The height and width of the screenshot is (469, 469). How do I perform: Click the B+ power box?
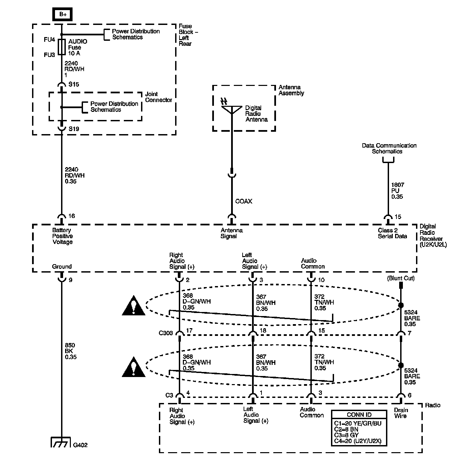coord(62,14)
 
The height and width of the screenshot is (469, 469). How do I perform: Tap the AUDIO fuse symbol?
coord(62,47)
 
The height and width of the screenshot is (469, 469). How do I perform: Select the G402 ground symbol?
coord(61,442)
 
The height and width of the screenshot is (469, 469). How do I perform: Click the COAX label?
coord(244,201)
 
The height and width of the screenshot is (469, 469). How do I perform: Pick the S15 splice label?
coord(74,85)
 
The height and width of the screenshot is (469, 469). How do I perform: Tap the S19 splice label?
coord(74,129)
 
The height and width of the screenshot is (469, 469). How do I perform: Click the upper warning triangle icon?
coord(134,306)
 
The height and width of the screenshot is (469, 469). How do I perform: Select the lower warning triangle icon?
coord(134,367)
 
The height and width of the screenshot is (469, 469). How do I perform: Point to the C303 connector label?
coord(166,333)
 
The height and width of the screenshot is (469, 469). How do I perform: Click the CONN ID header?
coord(359,415)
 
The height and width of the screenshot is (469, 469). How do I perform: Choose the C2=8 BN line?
coord(346,429)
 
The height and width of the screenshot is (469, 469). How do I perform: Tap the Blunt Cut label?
coord(401,278)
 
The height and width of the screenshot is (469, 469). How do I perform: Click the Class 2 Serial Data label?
coord(392,233)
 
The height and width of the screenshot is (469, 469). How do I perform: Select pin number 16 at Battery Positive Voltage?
coord(72,216)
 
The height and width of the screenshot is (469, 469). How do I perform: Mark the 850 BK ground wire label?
coord(71,351)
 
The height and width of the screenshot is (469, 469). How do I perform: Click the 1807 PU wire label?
coord(397,191)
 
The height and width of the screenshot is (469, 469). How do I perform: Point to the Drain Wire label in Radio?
coord(401,413)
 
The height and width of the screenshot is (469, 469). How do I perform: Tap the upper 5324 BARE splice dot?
coord(401,305)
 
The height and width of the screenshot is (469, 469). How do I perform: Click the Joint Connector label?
coord(159,97)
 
